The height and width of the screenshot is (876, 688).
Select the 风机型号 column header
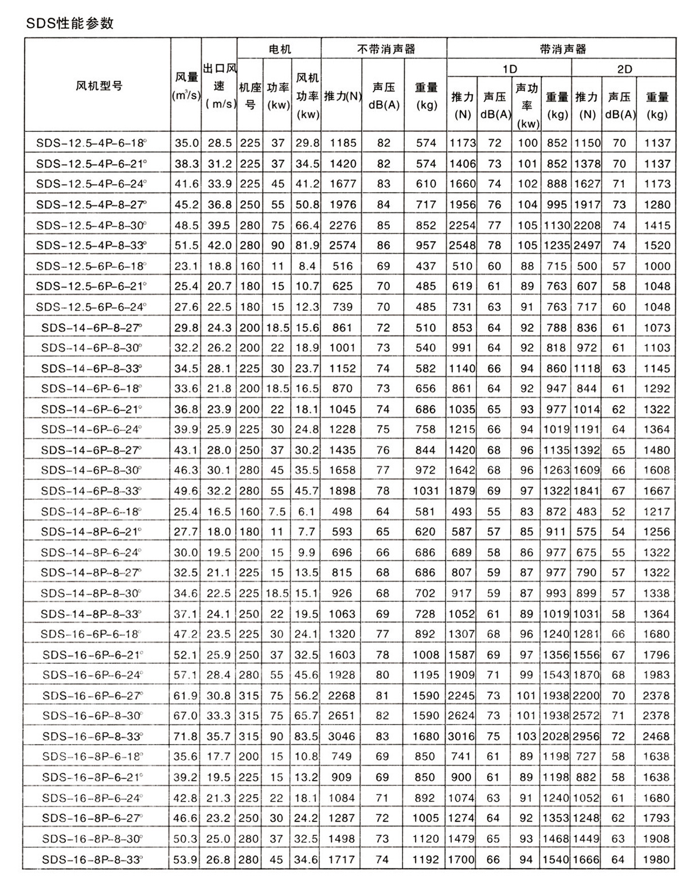click(99, 86)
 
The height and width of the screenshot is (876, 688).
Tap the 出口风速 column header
click(220, 86)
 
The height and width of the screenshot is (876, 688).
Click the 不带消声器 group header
click(384, 49)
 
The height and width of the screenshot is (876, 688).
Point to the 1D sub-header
click(509, 69)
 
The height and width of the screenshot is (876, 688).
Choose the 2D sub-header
click(624, 69)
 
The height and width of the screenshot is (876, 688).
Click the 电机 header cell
click(279, 49)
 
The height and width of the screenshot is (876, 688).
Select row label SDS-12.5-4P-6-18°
click(91, 143)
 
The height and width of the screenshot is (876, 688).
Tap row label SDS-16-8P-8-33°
click(92, 859)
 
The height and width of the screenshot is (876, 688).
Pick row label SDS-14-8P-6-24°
click(91, 552)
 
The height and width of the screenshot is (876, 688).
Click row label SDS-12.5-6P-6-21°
click(91, 286)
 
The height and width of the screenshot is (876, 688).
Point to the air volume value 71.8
click(186, 736)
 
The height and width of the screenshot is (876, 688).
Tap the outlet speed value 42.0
click(220, 246)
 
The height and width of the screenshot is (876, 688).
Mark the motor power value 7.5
click(277, 512)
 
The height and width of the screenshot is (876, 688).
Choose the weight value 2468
click(656, 736)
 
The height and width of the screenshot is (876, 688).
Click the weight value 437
click(425, 266)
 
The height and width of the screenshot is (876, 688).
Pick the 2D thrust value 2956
click(587, 736)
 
